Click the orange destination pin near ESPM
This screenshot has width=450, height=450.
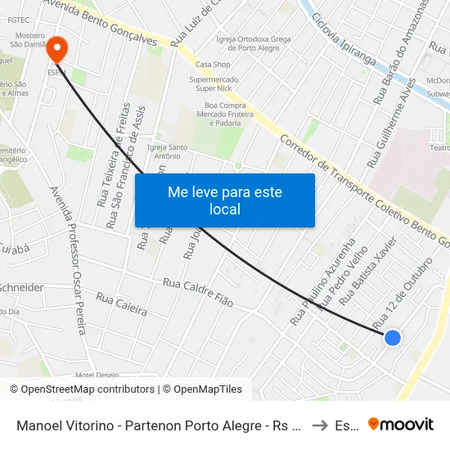click(56, 48)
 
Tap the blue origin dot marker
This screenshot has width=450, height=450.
click(393, 337)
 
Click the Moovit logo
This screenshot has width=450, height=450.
click(401, 424)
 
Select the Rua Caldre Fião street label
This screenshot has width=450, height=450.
click(198, 292)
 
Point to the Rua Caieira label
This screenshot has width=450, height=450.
click(121, 304)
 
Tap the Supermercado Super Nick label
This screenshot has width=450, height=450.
click(214, 83)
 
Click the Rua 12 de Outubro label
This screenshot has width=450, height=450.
click(402, 293)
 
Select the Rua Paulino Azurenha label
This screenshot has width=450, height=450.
click(322, 282)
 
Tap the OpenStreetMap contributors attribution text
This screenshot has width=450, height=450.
click(82, 389)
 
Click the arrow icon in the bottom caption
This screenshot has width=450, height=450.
click(321, 425)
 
